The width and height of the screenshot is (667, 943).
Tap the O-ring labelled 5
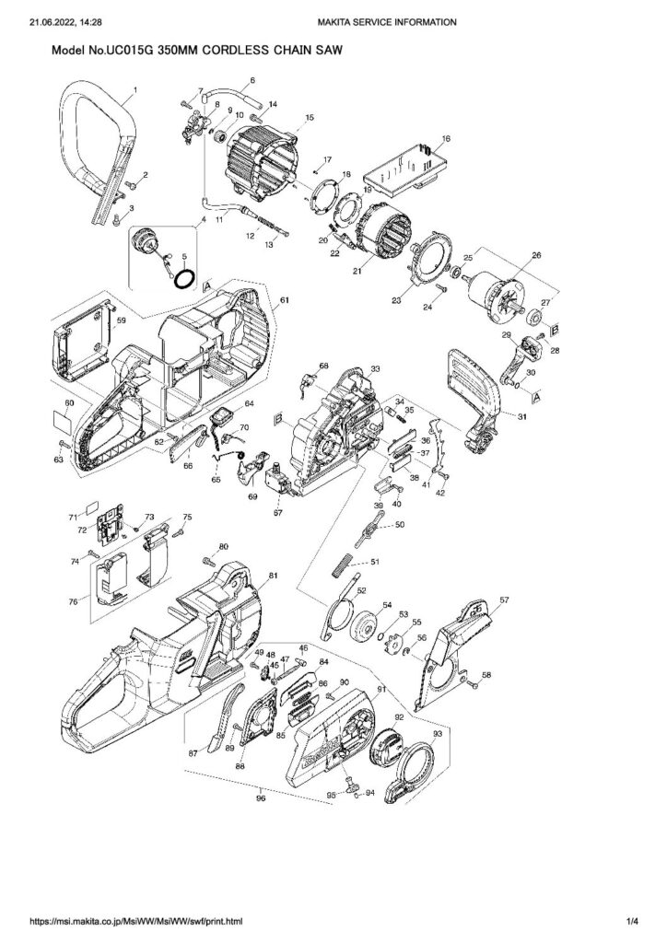click(185, 276)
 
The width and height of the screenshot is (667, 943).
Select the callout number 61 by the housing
click(285, 301)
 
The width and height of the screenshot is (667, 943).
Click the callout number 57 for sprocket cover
click(504, 600)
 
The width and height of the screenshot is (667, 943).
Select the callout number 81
click(273, 576)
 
